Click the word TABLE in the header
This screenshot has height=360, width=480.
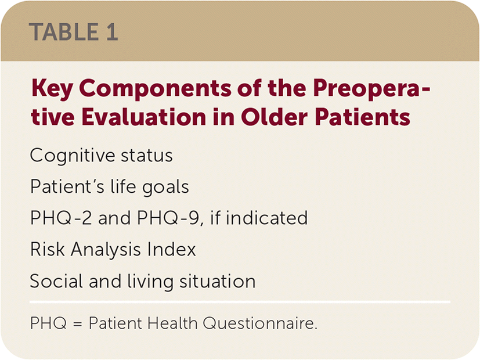64,32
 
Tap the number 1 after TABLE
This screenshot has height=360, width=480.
112,32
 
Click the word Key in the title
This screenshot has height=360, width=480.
52,89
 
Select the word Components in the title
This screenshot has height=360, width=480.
154,89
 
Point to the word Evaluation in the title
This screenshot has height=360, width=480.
143,117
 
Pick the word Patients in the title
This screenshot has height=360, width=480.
362,117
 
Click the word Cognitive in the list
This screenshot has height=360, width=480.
72,156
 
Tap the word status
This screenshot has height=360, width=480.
147,156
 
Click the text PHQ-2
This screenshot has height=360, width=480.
61,218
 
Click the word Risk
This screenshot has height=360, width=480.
48,250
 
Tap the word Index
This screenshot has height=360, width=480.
171,250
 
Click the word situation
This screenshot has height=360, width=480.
217,281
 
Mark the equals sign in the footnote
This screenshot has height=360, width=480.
78,323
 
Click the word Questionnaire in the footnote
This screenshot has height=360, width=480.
260,323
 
